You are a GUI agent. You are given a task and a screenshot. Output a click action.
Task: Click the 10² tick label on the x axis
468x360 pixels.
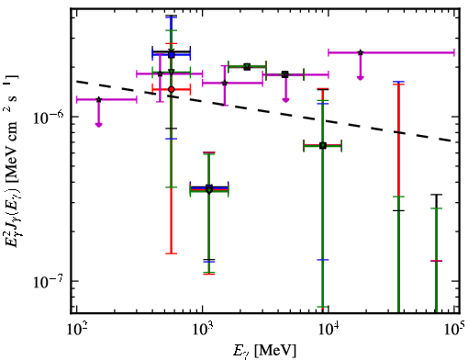pos(76,331)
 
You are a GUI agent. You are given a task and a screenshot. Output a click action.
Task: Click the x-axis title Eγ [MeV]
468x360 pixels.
pos(265,351)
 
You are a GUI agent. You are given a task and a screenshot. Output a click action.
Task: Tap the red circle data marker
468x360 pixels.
pos(172,89)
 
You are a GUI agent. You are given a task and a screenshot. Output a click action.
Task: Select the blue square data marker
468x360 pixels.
pos(172,55)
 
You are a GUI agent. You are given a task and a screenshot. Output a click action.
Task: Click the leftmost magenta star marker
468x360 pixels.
pos(98,99)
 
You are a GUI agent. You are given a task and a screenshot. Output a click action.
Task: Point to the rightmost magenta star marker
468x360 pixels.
pos(361,52)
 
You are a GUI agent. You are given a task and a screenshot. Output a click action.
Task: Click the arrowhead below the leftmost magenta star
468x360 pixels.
pos(98,125)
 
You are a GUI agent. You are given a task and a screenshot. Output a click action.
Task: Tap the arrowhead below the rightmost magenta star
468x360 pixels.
pos(361,78)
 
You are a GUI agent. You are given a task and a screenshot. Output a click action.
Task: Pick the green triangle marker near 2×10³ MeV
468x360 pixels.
pos(247,67)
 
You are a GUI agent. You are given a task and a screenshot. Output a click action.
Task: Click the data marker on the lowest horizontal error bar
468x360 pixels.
pos(209,189)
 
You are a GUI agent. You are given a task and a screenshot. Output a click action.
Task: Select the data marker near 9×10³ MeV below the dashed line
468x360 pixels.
pos(323,146)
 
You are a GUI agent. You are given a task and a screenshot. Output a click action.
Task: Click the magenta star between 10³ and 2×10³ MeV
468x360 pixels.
pos(225,83)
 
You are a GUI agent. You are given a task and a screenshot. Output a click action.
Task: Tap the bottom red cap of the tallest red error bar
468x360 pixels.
pos(172,253)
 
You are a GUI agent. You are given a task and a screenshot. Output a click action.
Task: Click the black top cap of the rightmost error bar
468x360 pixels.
pos(437,195)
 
